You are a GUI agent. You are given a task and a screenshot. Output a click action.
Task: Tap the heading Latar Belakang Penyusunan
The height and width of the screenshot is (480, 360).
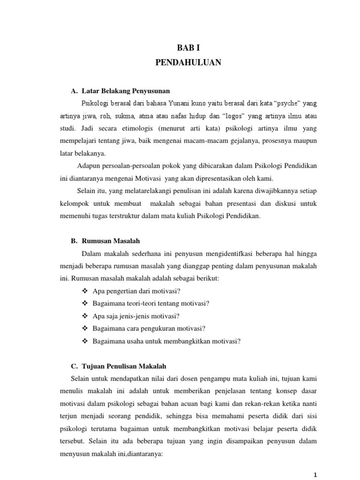pos(125,90)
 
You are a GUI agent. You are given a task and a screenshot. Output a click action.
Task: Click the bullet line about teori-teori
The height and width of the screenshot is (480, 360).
pos(151,303)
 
